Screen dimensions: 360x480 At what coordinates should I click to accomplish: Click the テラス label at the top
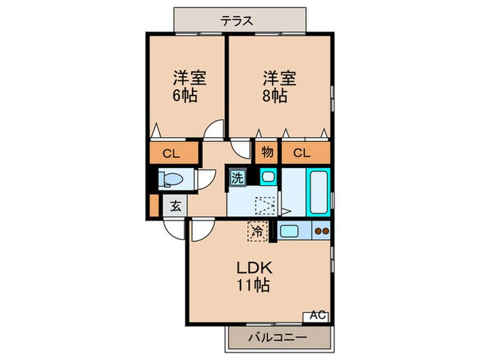(237, 21)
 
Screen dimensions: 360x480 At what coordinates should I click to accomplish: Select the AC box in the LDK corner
(316, 315)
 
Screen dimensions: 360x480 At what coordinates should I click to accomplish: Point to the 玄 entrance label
(175, 205)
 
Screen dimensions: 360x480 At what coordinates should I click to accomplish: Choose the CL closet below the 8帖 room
(302, 153)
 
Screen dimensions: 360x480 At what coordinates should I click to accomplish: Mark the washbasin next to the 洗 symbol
(267, 178)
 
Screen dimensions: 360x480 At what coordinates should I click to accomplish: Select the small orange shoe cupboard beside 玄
(154, 204)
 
